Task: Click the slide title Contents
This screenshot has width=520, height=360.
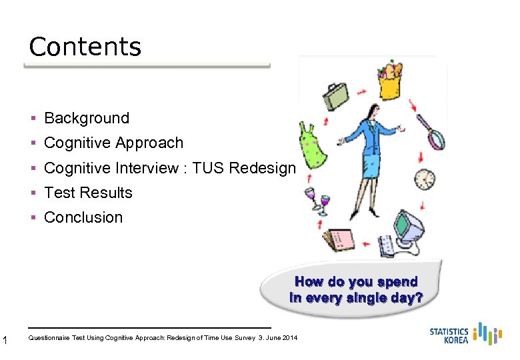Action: (85, 47)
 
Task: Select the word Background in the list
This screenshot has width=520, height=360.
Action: (87, 118)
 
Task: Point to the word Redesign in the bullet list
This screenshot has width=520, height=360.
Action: (261, 168)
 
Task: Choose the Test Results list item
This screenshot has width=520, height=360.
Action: (88, 193)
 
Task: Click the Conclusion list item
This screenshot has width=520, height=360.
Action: (83, 217)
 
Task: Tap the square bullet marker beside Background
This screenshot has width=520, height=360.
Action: (33, 118)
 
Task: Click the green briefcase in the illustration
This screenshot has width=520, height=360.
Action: (335, 97)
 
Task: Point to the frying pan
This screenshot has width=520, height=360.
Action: (432, 133)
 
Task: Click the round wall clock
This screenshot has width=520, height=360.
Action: (424, 179)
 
